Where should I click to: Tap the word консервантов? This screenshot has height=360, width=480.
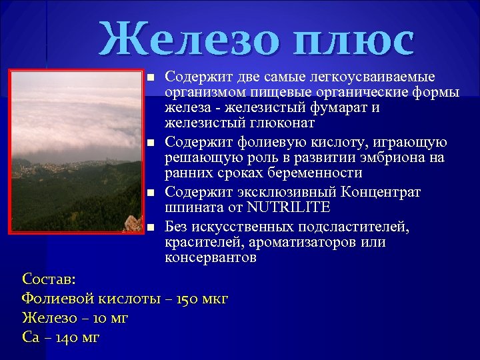point(210,257)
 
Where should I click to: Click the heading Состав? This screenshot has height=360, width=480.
point(49,278)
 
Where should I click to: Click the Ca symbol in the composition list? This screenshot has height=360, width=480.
point(31,337)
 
